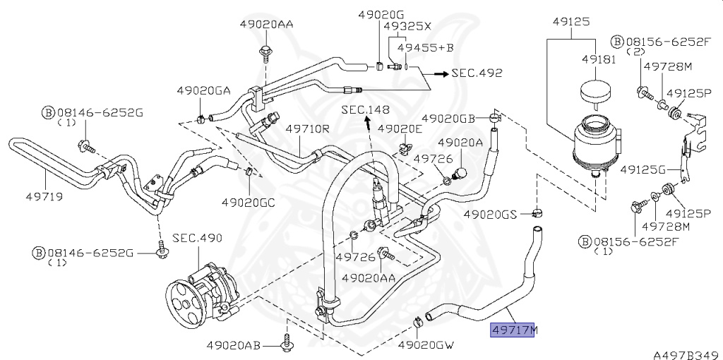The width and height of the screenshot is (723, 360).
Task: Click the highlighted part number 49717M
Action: point(515,330)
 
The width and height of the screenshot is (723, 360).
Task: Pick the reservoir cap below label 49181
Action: point(592,94)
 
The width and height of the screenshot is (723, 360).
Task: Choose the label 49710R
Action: point(308,129)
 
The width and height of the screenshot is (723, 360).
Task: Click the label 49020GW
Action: point(426,345)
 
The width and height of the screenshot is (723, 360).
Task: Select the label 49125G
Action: point(643,170)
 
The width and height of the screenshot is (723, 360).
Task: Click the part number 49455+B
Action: point(424,48)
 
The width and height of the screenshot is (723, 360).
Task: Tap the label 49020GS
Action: point(491,213)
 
